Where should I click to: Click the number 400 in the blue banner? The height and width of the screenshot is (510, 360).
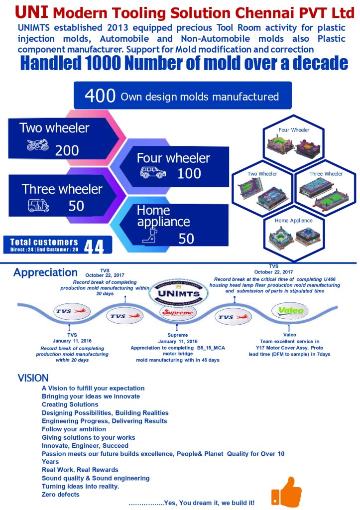pyautogui.click(x=101, y=96)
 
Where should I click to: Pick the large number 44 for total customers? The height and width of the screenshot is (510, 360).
pyautogui.click(x=94, y=247)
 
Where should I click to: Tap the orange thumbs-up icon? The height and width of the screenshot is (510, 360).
pyautogui.click(x=286, y=490)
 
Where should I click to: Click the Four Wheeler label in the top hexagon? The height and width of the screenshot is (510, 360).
pyautogui.click(x=294, y=130)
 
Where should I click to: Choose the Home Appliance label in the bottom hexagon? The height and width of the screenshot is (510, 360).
pyautogui.click(x=294, y=220)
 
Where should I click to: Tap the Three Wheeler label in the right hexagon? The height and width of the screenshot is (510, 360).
pyautogui.click(x=326, y=174)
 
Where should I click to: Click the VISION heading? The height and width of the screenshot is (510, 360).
pyautogui.click(x=33, y=378)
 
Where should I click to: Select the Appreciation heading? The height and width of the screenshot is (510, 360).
pyautogui.click(x=45, y=273)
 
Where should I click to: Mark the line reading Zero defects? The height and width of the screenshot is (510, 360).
pyautogui.click(x=60, y=494)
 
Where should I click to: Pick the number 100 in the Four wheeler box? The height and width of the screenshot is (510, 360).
pyautogui.click(x=189, y=173)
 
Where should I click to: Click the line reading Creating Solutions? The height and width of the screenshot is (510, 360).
pyautogui.click(x=70, y=404)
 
